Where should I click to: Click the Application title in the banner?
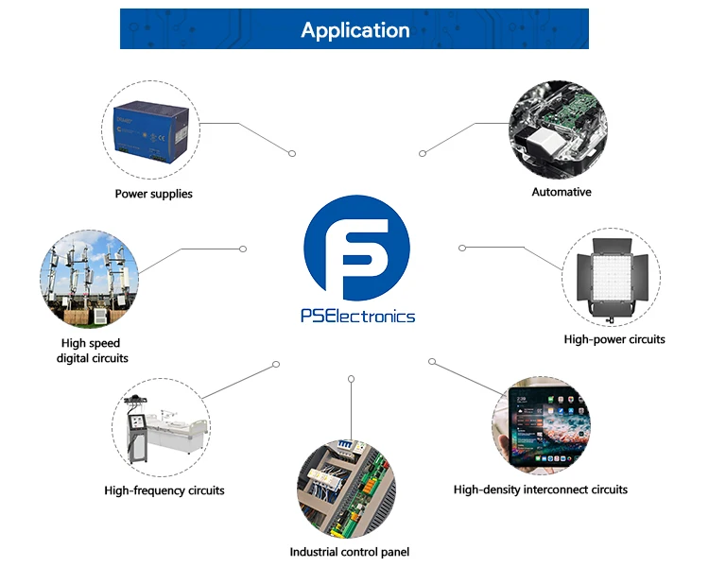point(354,30)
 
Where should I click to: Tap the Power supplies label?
point(153,194)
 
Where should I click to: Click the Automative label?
point(562,192)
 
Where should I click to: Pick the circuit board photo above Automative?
point(558,128)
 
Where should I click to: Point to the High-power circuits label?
point(614,339)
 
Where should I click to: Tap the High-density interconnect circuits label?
point(541,490)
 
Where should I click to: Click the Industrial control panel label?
point(349,552)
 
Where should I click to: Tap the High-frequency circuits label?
point(164,490)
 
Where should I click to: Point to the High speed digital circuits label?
point(92,351)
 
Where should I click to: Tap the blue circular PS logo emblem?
point(356,248)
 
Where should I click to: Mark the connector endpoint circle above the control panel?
point(351,379)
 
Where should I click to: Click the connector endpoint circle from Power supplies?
point(292,152)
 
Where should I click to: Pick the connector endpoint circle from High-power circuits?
point(462,248)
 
